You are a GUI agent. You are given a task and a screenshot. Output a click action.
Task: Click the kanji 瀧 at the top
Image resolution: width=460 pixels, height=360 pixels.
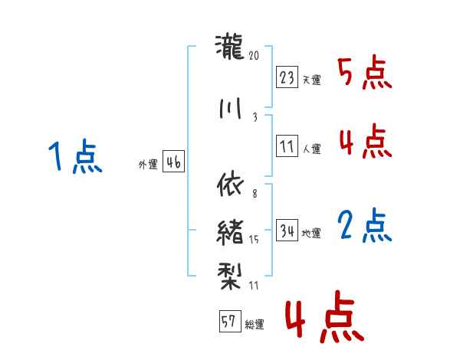tap(230, 48)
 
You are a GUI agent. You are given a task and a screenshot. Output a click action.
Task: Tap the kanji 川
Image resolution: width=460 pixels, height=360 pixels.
tap(230, 108)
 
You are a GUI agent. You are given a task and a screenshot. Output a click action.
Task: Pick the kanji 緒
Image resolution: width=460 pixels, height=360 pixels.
tap(230, 227)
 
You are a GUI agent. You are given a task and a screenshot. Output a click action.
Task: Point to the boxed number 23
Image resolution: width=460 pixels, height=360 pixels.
tap(287, 77)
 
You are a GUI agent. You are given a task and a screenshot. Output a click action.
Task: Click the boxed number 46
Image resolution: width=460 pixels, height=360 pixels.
tap(173, 162)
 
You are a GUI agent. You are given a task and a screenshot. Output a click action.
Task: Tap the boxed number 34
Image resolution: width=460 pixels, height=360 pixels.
tap(287, 230)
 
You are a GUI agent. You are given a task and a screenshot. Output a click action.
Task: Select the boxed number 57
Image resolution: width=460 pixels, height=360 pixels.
tap(228, 322)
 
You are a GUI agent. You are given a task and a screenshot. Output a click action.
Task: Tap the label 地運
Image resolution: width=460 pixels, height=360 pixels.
tap(311, 233)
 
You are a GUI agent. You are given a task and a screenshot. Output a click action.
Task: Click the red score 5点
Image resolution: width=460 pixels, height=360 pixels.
tap(365, 74)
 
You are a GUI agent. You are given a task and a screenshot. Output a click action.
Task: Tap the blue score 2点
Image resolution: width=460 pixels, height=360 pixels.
tap(365, 226)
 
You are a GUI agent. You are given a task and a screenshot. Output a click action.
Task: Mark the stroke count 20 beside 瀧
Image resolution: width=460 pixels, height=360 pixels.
tap(255, 56)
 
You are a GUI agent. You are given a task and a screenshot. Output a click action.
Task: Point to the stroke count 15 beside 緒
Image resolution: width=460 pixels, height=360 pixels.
tap(255, 240)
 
